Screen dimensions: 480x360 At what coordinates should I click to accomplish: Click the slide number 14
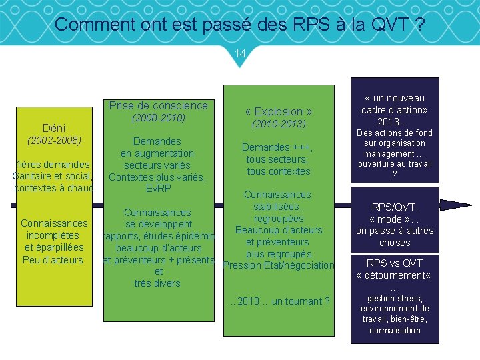coord(240,53)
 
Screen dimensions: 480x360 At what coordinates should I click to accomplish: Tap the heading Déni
coord(53,128)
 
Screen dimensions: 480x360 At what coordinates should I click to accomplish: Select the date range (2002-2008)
coord(53,141)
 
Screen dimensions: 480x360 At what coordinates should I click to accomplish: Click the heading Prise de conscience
coord(158,105)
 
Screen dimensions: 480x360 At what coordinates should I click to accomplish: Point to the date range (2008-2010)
coord(158,118)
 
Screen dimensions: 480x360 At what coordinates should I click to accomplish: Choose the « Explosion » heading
coord(278,111)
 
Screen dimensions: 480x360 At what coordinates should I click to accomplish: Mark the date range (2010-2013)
coord(278,124)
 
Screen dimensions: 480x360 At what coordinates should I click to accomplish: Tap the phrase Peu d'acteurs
coord(53,259)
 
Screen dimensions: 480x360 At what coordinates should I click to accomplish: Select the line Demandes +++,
coord(277,147)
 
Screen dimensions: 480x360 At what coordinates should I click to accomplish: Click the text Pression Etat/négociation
coord(279,265)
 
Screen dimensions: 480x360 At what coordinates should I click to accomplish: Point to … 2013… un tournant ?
coord(278,301)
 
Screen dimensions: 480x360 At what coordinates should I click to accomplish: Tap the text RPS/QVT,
coord(395,207)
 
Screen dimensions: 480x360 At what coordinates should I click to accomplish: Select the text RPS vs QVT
coord(395,263)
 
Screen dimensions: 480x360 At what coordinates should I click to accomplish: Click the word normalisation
coord(395,330)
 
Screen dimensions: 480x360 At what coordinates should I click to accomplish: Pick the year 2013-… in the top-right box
coord(395,121)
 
